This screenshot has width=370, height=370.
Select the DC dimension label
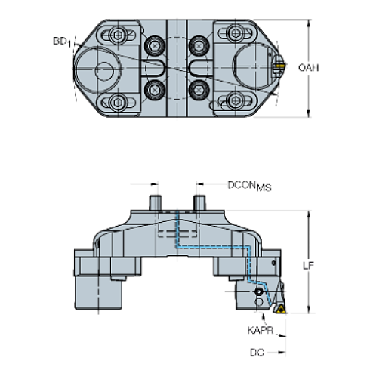pyautogui.click(x=257, y=352)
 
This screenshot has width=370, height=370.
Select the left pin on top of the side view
pyautogui.click(x=156, y=202)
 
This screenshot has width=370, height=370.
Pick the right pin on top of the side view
pyautogui.click(x=201, y=202)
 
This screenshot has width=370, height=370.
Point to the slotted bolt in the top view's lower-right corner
pyautogui.click(x=237, y=100)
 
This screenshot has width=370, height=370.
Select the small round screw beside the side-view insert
pyautogui.click(x=259, y=291)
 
